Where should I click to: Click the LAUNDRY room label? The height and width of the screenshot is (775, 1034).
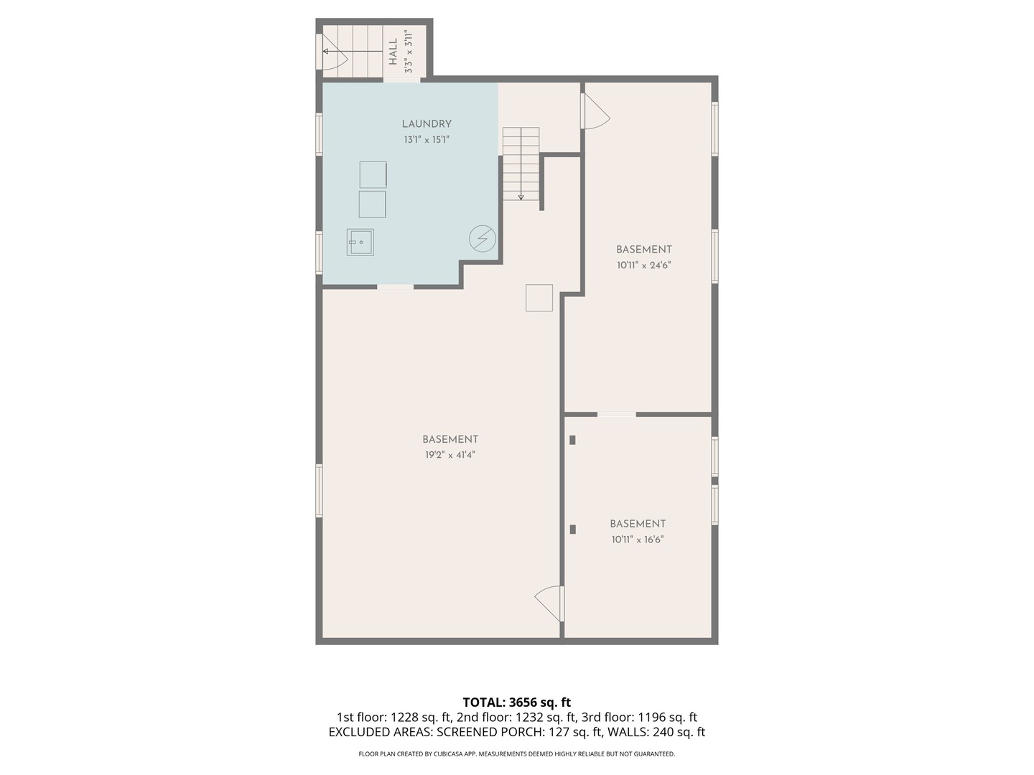click(x=427, y=124)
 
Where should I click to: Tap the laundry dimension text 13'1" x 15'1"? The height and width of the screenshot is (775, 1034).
click(x=427, y=140)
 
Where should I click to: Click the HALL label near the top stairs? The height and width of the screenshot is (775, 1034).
click(x=393, y=52)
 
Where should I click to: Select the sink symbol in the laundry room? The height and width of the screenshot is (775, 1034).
click(x=360, y=243)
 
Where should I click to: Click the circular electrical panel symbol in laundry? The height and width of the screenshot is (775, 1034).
click(x=483, y=238)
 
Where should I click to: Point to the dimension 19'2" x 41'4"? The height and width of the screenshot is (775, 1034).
click(x=450, y=455)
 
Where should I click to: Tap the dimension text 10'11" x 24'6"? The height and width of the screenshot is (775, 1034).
click(x=643, y=265)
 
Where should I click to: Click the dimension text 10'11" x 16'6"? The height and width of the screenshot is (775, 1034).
click(x=638, y=540)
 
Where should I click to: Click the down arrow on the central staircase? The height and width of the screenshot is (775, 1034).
click(x=521, y=195)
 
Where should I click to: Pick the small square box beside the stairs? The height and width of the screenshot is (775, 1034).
click(x=539, y=298)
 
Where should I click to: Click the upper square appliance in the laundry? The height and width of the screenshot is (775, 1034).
click(x=373, y=174)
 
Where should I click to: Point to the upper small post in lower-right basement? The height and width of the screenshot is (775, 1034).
click(x=572, y=440)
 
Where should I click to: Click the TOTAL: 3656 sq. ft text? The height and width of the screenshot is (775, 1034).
click(x=516, y=702)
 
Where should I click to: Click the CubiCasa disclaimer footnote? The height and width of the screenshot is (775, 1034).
click(x=516, y=754)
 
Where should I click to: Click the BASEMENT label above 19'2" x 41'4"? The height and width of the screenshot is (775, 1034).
click(x=450, y=439)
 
